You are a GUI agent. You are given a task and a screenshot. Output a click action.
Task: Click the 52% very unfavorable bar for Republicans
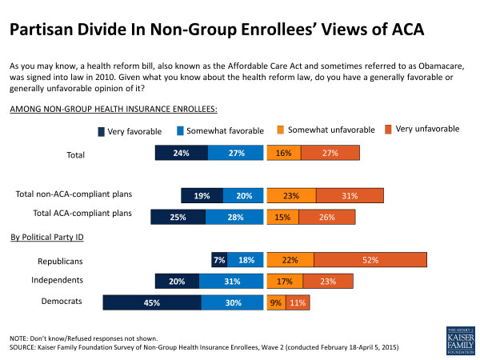[370, 260]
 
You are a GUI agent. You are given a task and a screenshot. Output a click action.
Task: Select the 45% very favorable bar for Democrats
[152, 302]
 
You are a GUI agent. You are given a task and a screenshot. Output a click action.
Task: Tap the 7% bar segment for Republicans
[219, 260]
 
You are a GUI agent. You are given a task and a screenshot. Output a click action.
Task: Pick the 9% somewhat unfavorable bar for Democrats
[274, 302]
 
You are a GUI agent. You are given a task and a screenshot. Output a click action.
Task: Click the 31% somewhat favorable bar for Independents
[231, 281]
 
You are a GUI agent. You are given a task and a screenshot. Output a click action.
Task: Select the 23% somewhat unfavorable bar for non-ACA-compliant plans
[291, 195]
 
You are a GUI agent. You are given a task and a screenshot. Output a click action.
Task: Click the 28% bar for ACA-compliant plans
[232, 217]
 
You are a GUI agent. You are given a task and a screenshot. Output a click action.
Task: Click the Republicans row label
[62, 261]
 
